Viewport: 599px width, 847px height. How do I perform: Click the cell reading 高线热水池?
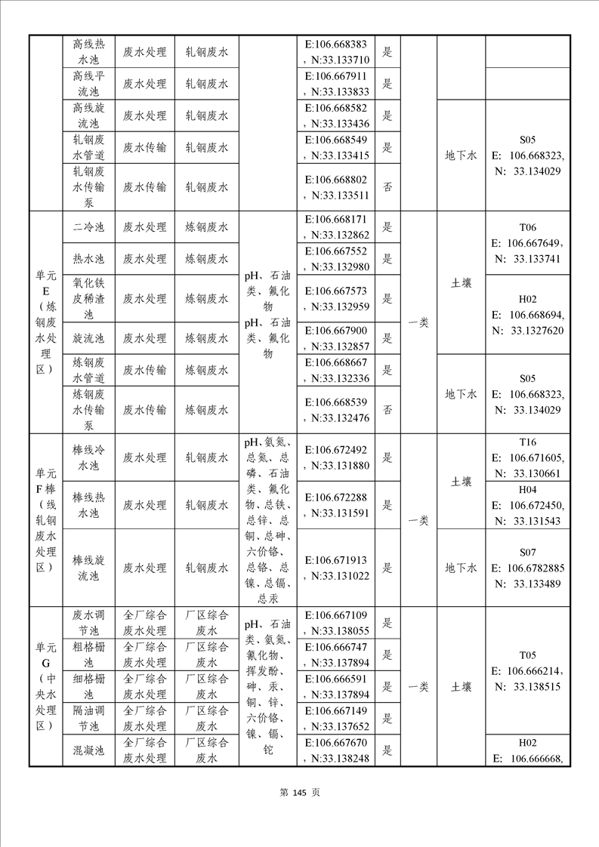coord(88,53)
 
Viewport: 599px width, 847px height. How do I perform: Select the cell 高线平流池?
coord(88,84)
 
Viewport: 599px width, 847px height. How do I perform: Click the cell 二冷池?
coord(88,226)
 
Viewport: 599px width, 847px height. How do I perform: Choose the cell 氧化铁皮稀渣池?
coord(88,298)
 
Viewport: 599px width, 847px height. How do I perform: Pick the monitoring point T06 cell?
coord(527,242)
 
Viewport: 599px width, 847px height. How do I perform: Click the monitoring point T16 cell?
coord(527,457)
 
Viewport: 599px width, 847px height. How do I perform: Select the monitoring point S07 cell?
coord(527,568)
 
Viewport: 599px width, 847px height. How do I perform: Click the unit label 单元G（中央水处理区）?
coord(45,686)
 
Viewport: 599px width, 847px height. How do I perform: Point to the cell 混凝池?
coord(88,750)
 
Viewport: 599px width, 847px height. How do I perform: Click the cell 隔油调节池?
coord(88,718)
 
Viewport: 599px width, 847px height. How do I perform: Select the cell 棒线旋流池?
coord(88,568)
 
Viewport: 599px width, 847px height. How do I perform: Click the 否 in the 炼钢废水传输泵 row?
coord(387,409)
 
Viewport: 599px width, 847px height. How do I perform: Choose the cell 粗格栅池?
coord(88,654)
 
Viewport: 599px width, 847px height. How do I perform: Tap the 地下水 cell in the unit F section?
coord(461,568)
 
